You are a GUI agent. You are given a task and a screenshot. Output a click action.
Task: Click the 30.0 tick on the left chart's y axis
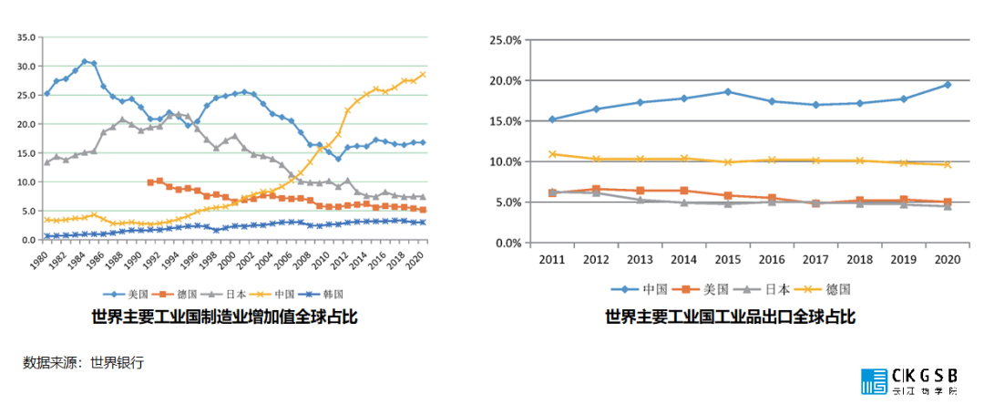click(x=26, y=67)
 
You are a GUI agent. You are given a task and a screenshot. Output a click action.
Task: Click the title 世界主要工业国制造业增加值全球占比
click(x=224, y=317)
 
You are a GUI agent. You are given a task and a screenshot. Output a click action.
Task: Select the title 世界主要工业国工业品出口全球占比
click(x=730, y=317)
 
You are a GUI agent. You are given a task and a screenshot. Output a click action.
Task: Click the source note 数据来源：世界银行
click(x=83, y=362)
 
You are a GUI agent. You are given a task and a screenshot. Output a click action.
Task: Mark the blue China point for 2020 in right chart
click(x=948, y=84)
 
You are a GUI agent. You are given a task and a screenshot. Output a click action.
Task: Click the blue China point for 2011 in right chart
click(x=552, y=119)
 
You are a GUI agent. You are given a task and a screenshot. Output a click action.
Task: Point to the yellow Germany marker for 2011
click(x=552, y=154)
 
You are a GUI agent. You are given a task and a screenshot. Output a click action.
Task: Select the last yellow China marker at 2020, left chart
click(x=423, y=75)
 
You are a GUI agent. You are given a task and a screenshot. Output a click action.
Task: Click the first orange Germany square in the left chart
click(x=150, y=182)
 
